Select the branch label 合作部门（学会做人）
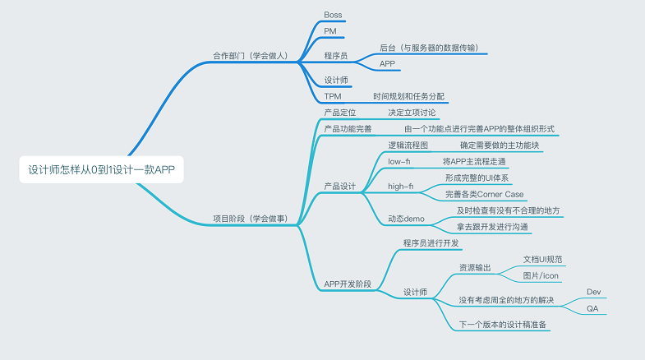point(249,57)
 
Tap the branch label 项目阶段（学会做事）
point(249,219)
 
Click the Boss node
point(333,15)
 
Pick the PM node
point(330,31)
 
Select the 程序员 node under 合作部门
point(336,56)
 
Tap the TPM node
point(333,95)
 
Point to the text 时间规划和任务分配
point(408,95)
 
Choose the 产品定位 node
point(340,112)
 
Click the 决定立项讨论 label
point(412,112)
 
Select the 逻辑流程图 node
point(408,145)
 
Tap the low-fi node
point(399,161)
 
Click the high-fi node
point(400,186)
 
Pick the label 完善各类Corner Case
point(484,194)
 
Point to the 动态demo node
point(406,219)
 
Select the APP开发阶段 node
point(348,284)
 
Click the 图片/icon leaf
point(541,275)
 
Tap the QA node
point(592,308)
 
